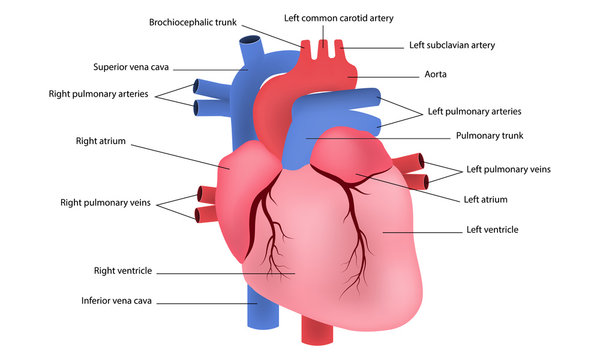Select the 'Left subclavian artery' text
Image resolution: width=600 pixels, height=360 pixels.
(x=452, y=45)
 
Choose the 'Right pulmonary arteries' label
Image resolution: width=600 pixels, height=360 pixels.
(x=98, y=93)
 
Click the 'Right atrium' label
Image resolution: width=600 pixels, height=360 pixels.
(x=100, y=142)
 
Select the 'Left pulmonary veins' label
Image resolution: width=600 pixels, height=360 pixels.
(x=508, y=169)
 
